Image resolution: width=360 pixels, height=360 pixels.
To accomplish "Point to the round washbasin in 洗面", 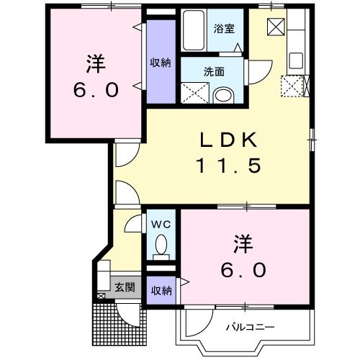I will point(223,95).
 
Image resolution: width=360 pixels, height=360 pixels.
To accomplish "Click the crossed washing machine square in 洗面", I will point(194,92).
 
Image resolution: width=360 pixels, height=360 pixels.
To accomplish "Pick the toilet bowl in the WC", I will point(162,244).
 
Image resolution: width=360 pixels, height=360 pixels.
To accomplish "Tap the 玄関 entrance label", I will point(124,287).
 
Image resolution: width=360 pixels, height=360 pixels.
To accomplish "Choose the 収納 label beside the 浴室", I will point(161,63).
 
